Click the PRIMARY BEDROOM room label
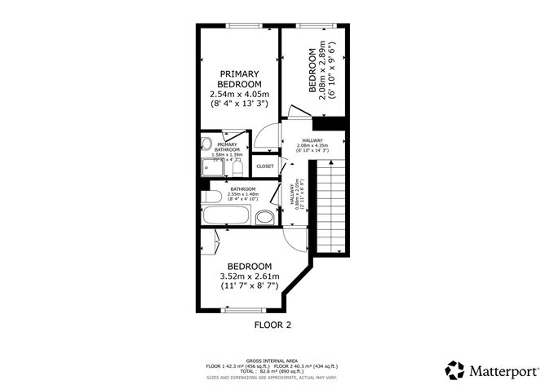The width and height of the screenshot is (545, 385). point(239,78)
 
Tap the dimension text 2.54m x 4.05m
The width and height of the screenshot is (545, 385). point(239,95)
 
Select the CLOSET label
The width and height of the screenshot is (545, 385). point(265,166)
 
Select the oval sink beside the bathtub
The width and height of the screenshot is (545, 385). point(264,217)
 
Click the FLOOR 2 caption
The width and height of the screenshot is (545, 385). point(272,325)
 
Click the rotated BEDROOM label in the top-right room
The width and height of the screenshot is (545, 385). point(312,72)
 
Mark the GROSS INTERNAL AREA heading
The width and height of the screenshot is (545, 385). point(272,360)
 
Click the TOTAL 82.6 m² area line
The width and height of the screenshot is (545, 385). point(272,371)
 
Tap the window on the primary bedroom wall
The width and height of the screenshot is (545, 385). point(239,25)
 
